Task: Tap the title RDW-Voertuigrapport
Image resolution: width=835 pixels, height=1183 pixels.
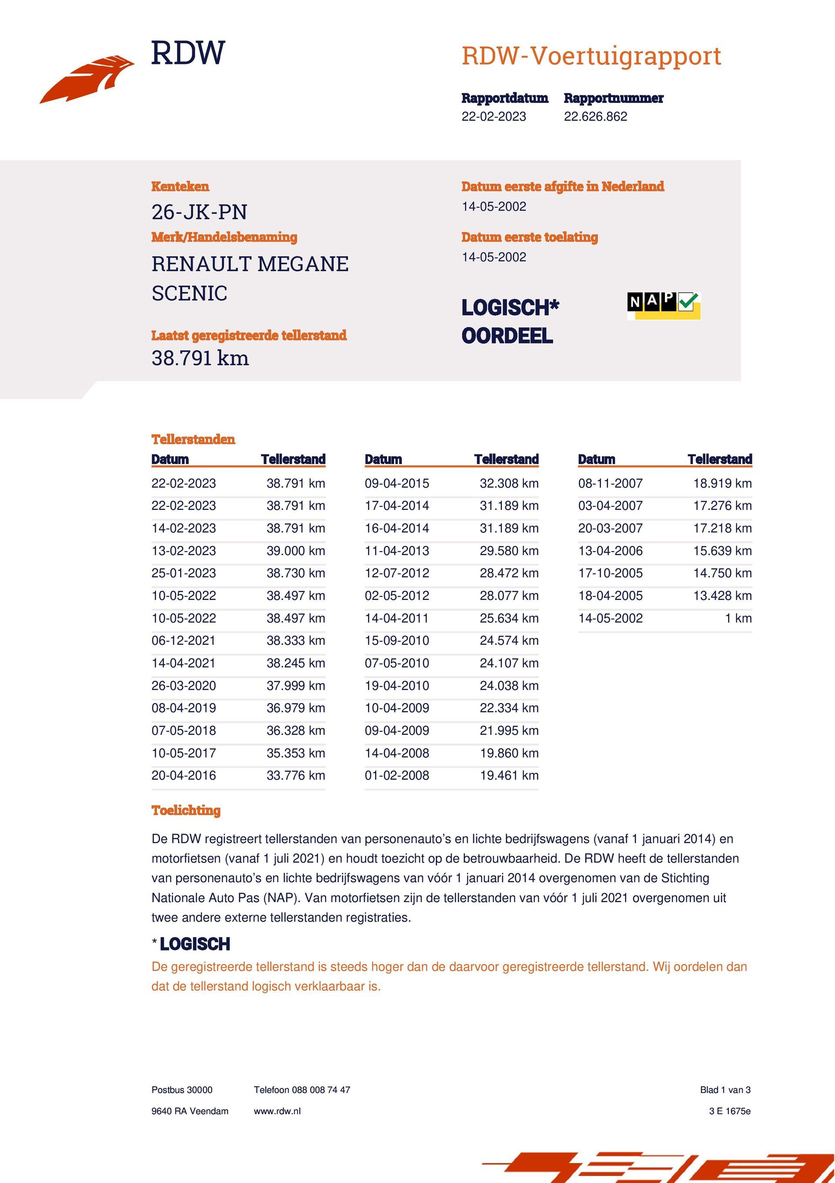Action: pos(591,56)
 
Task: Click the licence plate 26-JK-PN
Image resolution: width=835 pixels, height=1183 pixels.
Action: pos(199,212)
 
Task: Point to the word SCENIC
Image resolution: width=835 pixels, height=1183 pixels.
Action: pos(190,293)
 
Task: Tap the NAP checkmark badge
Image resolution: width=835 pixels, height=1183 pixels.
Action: pos(664,305)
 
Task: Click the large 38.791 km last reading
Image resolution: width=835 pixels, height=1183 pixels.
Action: pos(200,358)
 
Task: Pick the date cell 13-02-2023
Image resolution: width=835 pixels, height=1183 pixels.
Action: pos(184,551)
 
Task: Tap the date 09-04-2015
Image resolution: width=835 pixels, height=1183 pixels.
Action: pos(397,483)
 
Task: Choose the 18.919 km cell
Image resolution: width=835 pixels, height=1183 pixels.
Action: pos(722,483)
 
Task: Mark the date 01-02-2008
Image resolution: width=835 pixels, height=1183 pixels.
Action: pos(397,775)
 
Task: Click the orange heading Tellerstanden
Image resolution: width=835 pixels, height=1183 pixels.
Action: pos(193,439)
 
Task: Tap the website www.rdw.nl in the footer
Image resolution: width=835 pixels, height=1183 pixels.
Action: pos(277,1112)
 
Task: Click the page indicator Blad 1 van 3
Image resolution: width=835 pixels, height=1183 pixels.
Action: pos(725,1090)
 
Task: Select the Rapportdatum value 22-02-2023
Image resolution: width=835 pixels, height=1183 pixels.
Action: pos(494,116)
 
